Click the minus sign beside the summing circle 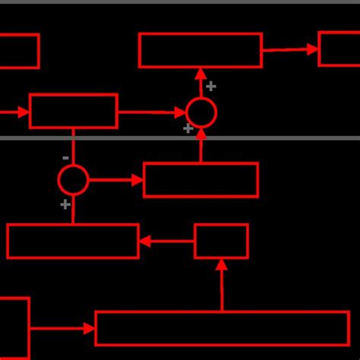coord(65,158)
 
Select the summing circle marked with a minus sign coord(73,180)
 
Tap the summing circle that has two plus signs coord(201,112)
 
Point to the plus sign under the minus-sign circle coord(65,204)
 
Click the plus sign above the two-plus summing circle coord(211,87)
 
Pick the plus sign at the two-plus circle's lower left coord(188,128)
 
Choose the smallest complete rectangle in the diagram coord(221,241)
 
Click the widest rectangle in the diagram coord(222,328)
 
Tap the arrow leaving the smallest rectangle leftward coord(166,242)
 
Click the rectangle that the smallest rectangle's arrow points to coord(73,241)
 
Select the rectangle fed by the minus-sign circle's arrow coord(201,180)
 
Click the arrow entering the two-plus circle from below coord(201,144)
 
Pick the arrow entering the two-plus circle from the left coord(152,112)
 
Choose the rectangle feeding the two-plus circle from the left coord(74,111)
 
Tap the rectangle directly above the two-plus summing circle coord(201,50)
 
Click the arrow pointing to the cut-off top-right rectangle coord(290,49)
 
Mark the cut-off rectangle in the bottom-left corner coord(13,328)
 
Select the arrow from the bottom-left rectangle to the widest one coord(62,329)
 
